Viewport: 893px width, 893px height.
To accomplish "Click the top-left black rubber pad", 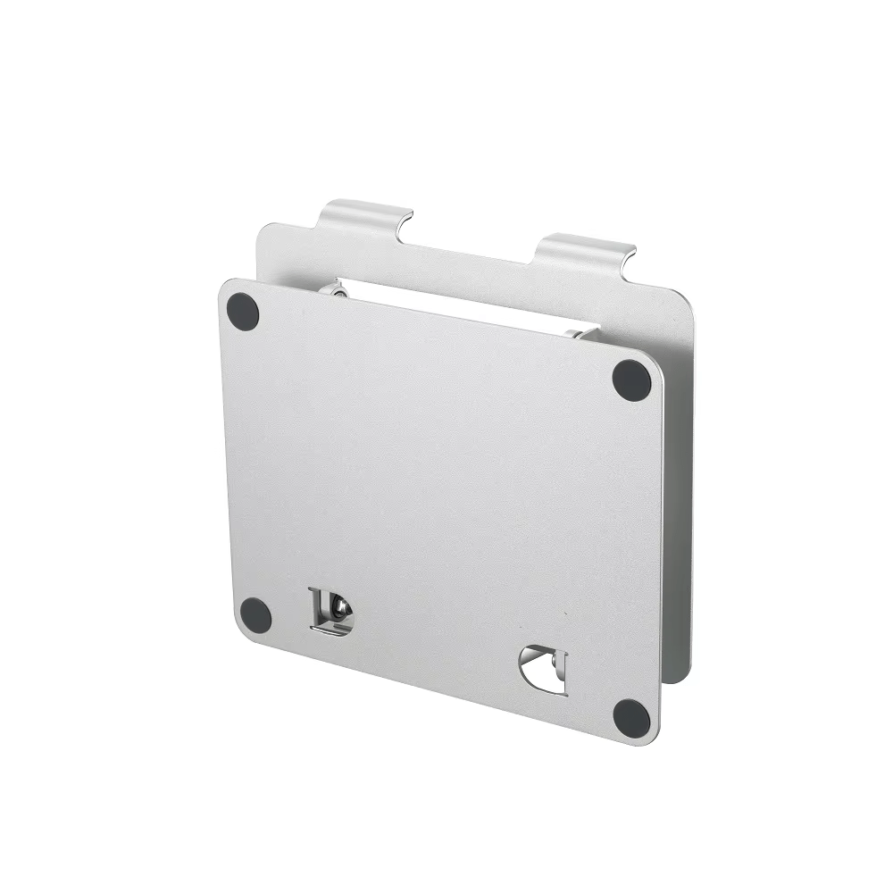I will click(243, 310).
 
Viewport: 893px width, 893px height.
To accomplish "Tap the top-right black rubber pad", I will click(631, 380).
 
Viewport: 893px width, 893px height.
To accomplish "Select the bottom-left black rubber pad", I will click(255, 613).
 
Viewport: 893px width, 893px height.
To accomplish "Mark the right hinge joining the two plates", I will click(582, 334).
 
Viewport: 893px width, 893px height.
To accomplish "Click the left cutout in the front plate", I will click(330, 612).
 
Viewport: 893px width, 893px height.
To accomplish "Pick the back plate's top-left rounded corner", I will click(263, 230).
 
